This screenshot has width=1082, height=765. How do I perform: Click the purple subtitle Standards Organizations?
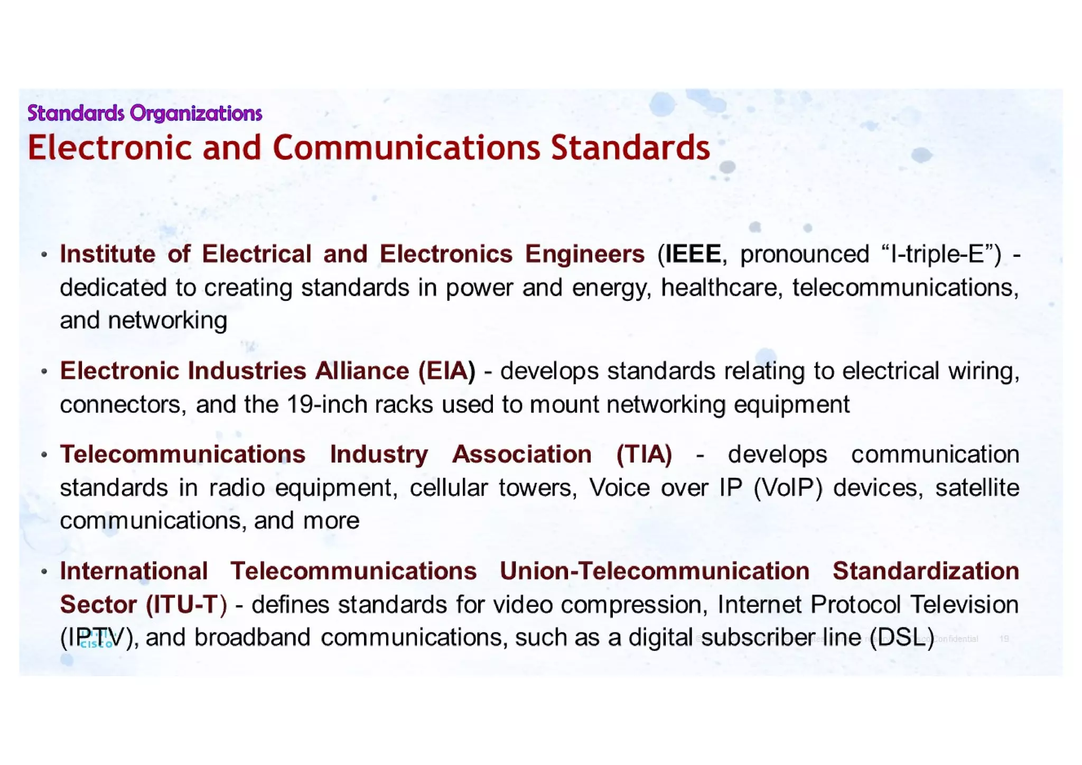click(x=144, y=113)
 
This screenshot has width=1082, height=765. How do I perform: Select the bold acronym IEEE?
click(x=693, y=254)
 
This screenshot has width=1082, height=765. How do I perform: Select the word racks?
click(x=405, y=405)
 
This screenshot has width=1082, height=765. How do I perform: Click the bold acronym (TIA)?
click(x=643, y=455)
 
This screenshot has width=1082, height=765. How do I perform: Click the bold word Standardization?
click(x=926, y=572)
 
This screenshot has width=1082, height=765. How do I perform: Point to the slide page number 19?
click(x=1004, y=639)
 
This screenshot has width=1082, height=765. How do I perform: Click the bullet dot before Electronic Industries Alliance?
click(x=44, y=372)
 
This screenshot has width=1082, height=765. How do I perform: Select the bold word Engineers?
click(x=584, y=254)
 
